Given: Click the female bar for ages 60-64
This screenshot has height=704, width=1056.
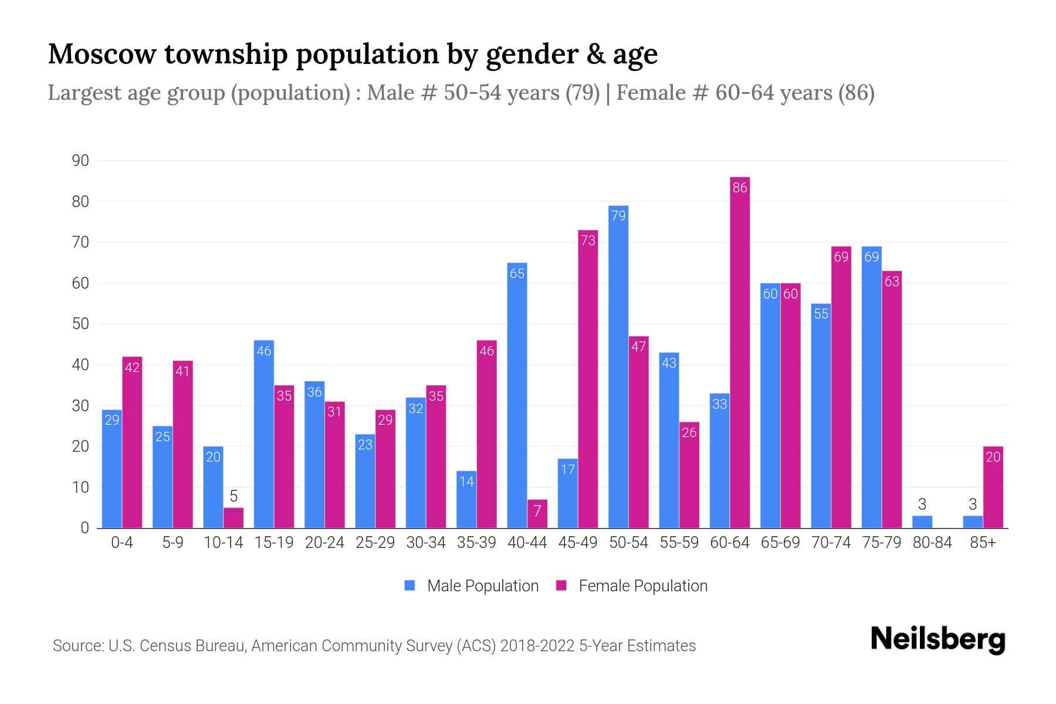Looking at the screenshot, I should tap(740, 352).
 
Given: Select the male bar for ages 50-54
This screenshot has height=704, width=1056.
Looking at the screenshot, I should tap(618, 367).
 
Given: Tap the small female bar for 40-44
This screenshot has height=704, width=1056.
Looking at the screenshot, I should tap(537, 514).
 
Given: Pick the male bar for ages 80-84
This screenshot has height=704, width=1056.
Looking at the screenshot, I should tap(922, 522).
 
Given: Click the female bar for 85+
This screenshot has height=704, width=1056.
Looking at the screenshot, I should tap(993, 487).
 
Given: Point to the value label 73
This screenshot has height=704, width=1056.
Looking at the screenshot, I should tap(588, 240).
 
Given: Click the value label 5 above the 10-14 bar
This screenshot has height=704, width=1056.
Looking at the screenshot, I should tap(233, 496).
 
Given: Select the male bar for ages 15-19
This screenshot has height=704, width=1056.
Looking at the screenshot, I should tap(264, 434).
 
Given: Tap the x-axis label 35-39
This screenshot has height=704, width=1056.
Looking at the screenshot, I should tap(476, 543).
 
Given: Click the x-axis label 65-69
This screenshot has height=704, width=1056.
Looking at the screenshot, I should tap(780, 543).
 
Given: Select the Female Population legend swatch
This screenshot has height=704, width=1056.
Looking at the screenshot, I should tap(561, 585).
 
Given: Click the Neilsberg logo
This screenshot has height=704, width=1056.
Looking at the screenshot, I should tap(937, 639).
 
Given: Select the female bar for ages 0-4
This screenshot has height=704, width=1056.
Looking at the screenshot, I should tap(132, 442).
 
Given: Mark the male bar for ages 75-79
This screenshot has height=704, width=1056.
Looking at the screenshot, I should tap(872, 387).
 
